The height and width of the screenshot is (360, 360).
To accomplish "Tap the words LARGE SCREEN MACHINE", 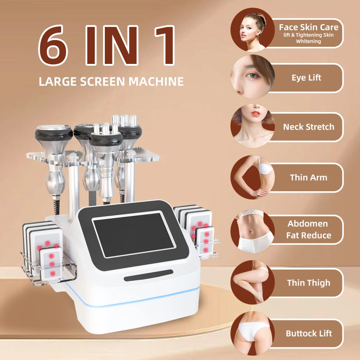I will pos(111,81).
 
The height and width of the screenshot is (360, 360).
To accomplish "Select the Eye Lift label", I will pos(306,78).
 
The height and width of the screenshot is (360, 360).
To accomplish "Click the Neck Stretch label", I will pos(309,127).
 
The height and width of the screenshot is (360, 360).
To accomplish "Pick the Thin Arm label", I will pos(309,177).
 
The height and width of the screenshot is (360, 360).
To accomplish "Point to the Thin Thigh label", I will pos(309,283).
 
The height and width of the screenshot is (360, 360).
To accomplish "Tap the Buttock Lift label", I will pos(309,333).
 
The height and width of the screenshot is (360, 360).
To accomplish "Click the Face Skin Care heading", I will pos(309,27).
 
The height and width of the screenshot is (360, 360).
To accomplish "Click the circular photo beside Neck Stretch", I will pos(252,126).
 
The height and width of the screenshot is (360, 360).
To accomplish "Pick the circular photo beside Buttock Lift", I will pos(252,333).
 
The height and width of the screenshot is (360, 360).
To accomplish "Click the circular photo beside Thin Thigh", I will pos(252,282).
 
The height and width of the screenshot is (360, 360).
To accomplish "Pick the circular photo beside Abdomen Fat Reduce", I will pos(252,230).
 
